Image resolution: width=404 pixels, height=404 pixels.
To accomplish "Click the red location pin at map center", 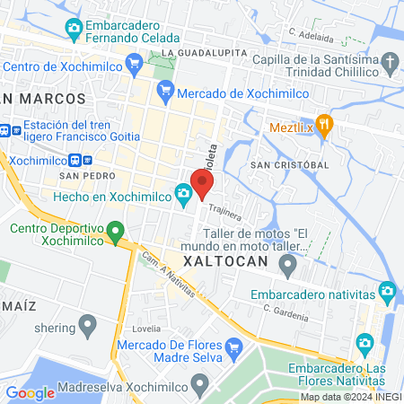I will [202, 183].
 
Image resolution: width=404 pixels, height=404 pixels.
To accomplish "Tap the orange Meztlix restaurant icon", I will [324, 125].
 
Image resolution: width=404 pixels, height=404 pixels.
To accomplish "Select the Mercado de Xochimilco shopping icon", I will [164, 90].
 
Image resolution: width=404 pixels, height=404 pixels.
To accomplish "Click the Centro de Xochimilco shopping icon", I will [135, 63].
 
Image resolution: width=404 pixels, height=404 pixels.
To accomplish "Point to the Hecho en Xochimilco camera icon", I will [183, 192].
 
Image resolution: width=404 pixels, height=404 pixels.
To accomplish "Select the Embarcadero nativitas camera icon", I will [387, 291].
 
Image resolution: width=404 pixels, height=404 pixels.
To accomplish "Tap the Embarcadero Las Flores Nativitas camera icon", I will [364, 342].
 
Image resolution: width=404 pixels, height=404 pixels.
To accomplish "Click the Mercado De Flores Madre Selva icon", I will [233, 347].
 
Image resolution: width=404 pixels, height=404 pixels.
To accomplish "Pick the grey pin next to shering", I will [87, 324].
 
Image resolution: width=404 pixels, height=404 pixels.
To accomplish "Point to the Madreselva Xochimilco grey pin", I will [199, 384].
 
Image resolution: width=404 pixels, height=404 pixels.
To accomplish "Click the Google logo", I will [30, 392].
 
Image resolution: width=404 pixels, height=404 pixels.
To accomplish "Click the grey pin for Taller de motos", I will [287, 265].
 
